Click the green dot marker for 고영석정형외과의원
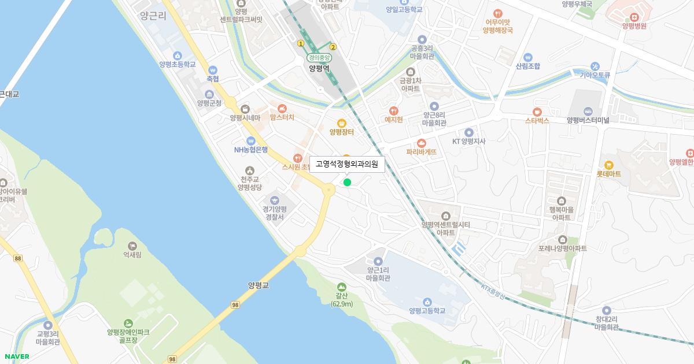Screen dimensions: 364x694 point(347,183)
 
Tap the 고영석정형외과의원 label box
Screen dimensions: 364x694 point(347,164)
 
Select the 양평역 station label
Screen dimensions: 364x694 point(319,68)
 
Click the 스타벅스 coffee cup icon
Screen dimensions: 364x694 point(537,111)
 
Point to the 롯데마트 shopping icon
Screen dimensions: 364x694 point(608,165)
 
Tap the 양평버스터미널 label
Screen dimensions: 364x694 point(588,120)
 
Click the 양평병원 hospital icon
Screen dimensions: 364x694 point(634,16)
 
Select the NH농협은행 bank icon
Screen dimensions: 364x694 point(250,140)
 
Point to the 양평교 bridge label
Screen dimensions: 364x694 point(259,285)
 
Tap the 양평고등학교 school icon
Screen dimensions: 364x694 point(427,302)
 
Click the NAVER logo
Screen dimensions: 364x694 point(16,356)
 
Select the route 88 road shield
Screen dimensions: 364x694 point(19,258)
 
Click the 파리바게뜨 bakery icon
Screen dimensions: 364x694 point(421,143)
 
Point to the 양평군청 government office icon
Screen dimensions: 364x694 point(209,94)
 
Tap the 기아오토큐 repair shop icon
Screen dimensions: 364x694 point(595,66)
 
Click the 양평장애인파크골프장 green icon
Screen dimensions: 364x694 point(128,324)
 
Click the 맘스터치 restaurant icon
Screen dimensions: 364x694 point(282,108)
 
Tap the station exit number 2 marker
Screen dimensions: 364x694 point(333,47)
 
